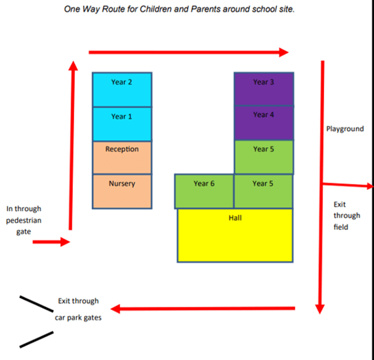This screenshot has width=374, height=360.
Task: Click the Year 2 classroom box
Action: point(122,89)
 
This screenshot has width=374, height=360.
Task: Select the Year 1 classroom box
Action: point(122,124)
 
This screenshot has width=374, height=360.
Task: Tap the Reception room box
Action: point(122,158)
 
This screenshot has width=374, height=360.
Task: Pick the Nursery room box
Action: point(122,192)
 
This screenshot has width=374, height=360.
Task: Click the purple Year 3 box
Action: point(264,89)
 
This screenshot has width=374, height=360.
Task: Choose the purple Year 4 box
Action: point(264,123)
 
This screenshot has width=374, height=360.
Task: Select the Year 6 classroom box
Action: point(204,191)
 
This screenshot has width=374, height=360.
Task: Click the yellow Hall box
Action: point(235,236)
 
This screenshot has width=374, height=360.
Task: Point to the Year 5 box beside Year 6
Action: point(263,191)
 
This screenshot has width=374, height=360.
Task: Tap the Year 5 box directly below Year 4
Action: point(264,157)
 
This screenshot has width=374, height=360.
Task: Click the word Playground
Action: point(345,129)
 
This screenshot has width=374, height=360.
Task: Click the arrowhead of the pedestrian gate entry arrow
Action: point(65,242)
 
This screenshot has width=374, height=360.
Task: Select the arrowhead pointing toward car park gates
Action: point(115,309)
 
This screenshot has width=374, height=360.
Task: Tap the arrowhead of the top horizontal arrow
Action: point(284,53)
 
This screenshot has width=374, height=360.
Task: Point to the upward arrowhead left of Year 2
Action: point(73,66)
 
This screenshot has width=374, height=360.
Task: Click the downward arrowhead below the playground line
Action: point(320,309)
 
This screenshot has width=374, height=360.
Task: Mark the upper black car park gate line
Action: point(37,304)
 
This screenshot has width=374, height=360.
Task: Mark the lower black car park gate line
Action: point(37,340)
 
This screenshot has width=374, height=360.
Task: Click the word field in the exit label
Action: point(341,227)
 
